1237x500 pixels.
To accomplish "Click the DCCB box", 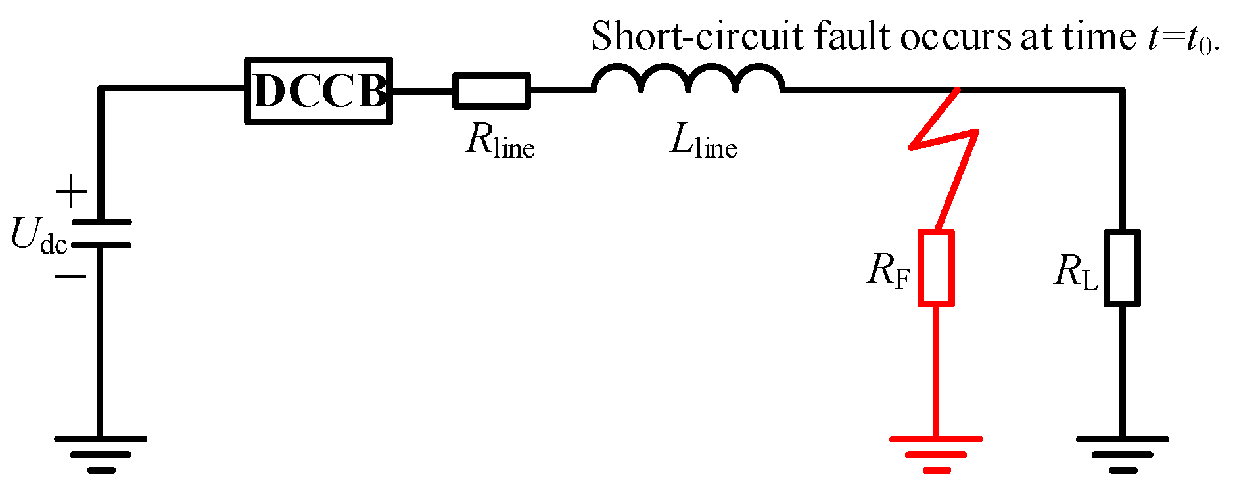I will click(x=319, y=91).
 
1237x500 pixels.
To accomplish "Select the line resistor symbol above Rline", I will click(x=491, y=91).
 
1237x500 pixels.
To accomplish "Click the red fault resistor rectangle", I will click(x=935, y=267).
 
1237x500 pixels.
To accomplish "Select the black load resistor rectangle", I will click(x=1121, y=267).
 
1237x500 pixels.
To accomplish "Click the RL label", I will click(x=1075, y=271).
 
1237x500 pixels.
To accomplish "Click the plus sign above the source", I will click(x=71, y=192).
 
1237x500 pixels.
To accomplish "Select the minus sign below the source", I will click(x=70, y=277).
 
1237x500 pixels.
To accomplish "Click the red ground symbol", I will click(x=935, y=453).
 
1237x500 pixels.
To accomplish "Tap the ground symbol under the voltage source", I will click(x=100, y=453).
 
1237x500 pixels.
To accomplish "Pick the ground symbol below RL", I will click(x=1121, y=453).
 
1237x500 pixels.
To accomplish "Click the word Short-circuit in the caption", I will click(x=697, y=36).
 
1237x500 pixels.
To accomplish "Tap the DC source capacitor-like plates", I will click(x=101, y=233).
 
